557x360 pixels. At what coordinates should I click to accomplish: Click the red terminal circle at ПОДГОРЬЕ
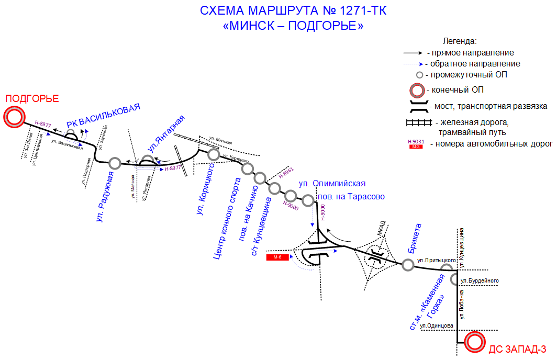[x=14, y=117]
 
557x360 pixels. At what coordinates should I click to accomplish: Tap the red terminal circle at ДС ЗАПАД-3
[x=475, y=343]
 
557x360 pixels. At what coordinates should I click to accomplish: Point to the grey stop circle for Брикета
[x=408, y=265]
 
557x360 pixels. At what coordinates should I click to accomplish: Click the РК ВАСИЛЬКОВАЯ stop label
[x=104, y=116]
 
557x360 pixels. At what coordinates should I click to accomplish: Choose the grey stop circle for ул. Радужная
[x=115, y=163]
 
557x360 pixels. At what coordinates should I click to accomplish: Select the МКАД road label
[x=381, y=228]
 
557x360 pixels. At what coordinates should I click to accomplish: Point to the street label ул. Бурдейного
[x=479, y=281]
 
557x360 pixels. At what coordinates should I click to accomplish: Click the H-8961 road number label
[x=286, y=174]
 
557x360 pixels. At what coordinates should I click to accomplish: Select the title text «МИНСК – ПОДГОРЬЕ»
[x=293, y=26]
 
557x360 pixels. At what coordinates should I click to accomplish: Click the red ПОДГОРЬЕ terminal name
[x=32, y=98]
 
